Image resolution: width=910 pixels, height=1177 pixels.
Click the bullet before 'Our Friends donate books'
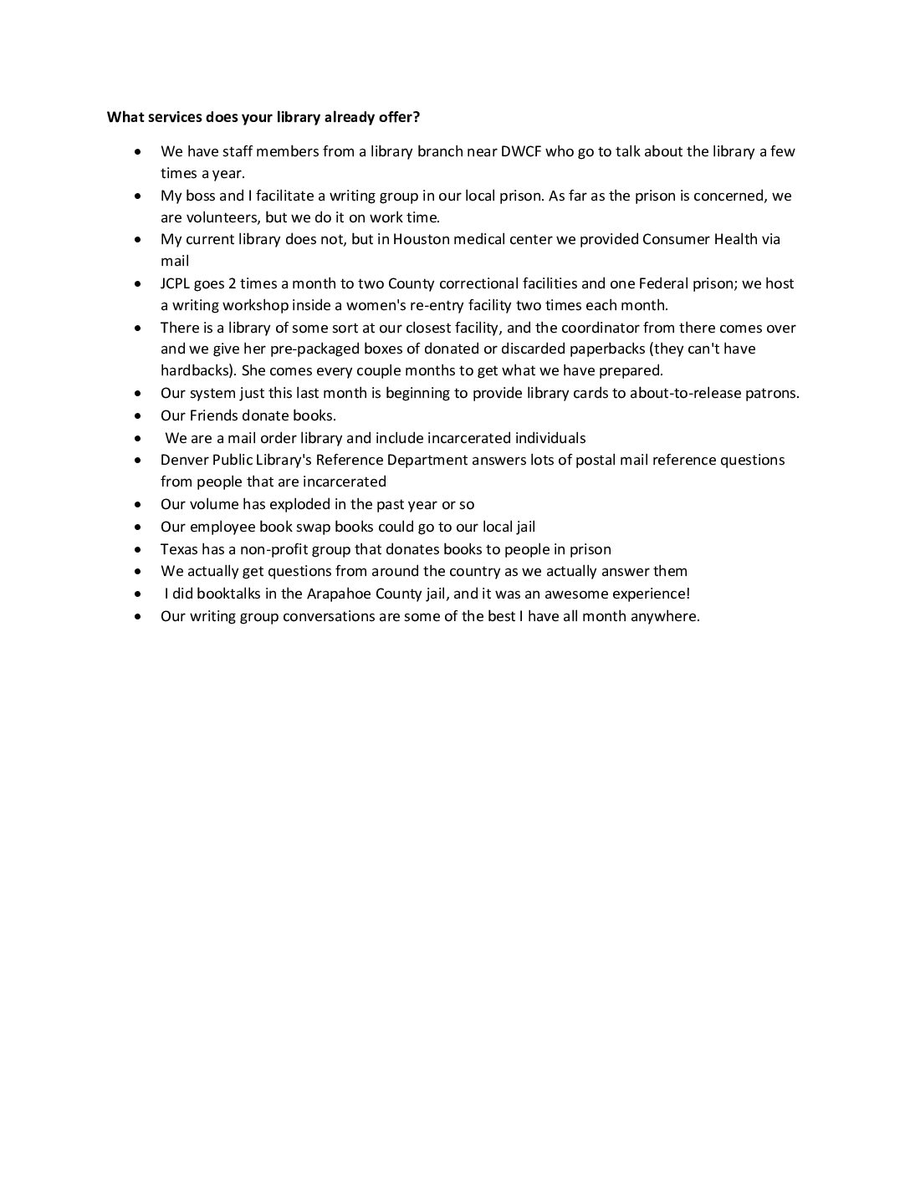pyautogui.click(x=138, y=415)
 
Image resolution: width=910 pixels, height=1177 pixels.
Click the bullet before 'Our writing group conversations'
pyautogui.click(x=138, y=616)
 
